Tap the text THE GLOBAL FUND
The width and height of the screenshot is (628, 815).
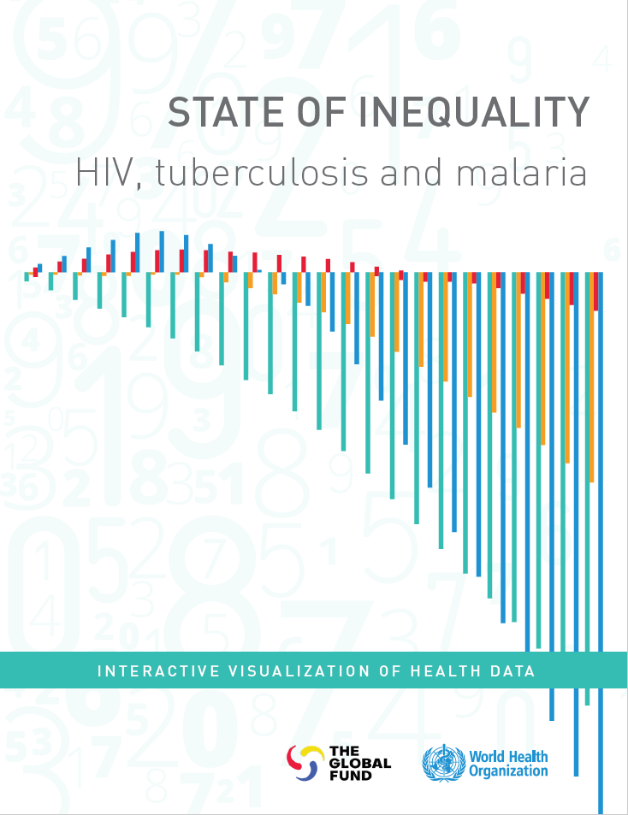point(359,762)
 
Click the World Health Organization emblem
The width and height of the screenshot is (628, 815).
point(441,762)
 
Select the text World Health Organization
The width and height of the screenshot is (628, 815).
point(508,762)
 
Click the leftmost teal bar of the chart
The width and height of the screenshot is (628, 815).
point(27,276)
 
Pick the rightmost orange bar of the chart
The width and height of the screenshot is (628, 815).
point(591,376)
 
